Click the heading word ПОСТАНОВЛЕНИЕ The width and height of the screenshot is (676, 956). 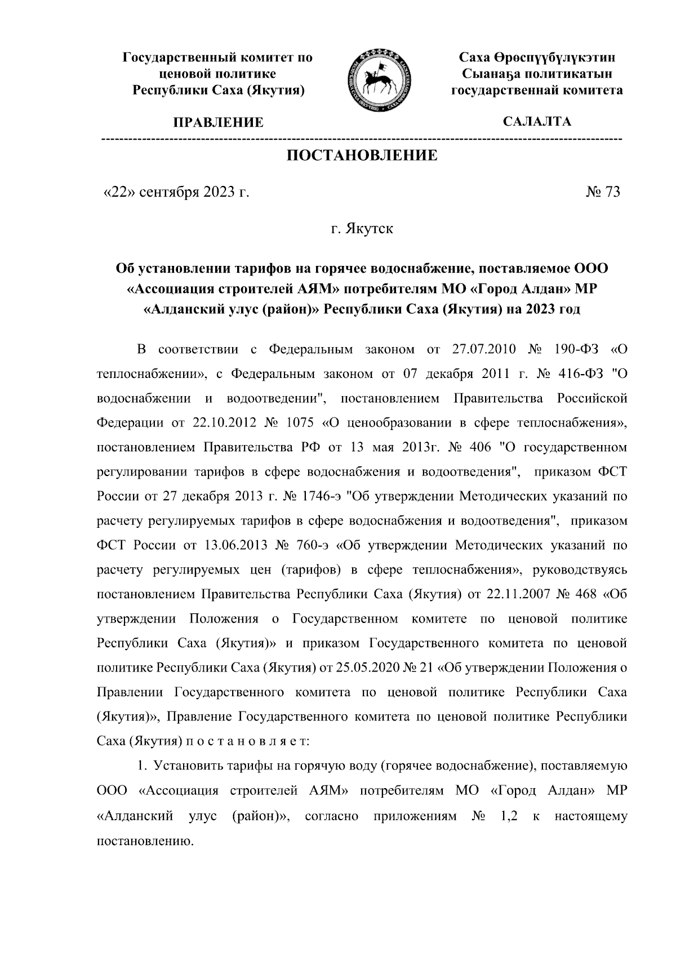coord(363,155)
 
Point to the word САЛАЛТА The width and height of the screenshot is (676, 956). coord(537,122)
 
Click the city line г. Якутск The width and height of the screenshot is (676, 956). coord(362,229)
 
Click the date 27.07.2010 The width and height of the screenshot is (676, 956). coord(484,349)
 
